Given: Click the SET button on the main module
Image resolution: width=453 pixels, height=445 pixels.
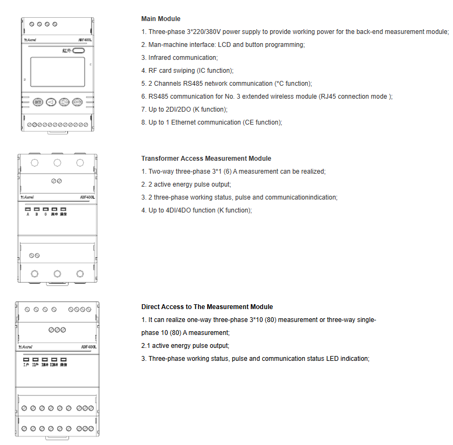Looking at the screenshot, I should [38, 101].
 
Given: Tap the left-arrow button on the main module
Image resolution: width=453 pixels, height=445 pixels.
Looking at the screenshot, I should [51, 101].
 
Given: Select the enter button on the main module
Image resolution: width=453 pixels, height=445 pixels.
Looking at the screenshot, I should [77, 101].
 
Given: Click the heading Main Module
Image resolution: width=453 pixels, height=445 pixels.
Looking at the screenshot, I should [161, 19].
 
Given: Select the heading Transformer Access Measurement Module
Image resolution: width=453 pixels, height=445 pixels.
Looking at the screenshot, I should [206, 159].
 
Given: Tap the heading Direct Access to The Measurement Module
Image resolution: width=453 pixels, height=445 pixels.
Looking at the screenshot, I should [207, 307].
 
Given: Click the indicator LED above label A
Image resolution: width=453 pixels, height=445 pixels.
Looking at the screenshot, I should [28, 209].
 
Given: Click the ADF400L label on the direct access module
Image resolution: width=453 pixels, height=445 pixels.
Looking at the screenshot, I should [88, 347].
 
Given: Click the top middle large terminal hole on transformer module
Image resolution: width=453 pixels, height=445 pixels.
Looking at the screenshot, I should [57, 162].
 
